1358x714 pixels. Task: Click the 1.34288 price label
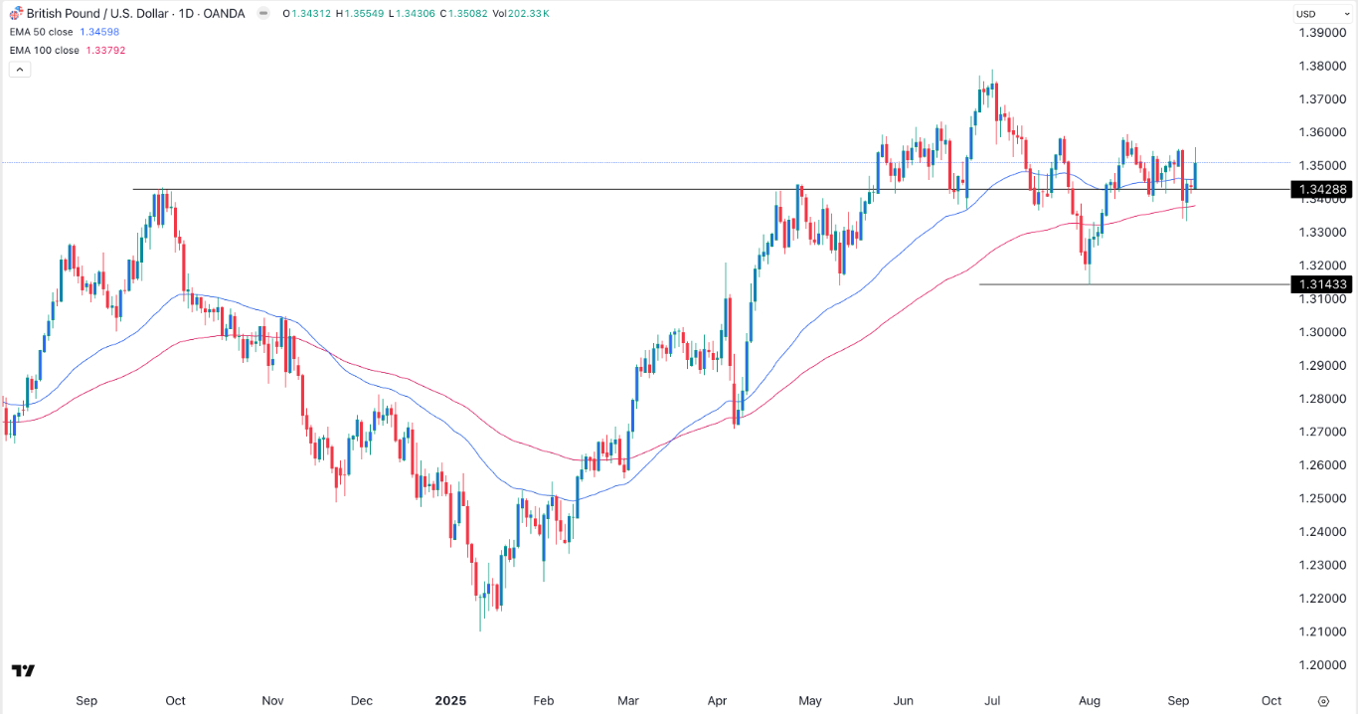coord(1320,189)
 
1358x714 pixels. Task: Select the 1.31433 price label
coord(1320,284)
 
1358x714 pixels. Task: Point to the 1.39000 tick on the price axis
coord(1322,33)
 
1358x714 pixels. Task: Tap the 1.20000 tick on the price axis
coord(1322,664)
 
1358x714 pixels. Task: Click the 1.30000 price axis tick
coord(1322,332)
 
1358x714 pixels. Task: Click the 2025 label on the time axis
coord(451,700)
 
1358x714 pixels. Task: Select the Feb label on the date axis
coord(543,700)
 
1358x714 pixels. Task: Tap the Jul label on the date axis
coord(998,700)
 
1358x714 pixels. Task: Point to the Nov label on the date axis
coord(274,700)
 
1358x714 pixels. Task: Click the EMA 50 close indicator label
coord(42,32)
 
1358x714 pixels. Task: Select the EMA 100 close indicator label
coord(45,50)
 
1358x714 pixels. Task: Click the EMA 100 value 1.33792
coord(103,50)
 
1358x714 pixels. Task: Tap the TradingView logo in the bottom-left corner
coord(24,671)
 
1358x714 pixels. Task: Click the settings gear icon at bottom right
coord(1322,700)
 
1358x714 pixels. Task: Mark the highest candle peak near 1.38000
coord(993,72)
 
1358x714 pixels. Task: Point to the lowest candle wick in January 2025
coord(480,629)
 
